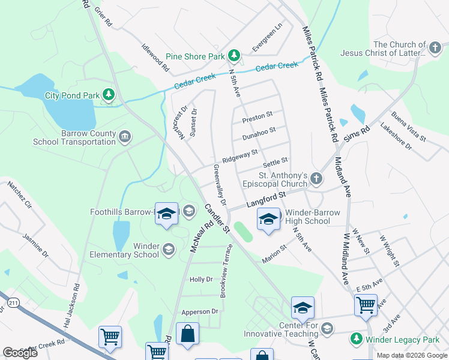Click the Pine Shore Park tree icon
234,56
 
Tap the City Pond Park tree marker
109,95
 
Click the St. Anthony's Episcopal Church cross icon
316,178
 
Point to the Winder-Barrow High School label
307,217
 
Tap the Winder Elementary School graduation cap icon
169,250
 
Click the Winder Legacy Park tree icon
357,339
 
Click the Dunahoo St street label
259,133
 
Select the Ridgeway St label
240,157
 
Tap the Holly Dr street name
201,280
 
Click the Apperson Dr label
200,312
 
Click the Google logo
20,353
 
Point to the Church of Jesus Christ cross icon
436,47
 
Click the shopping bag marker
187,335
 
